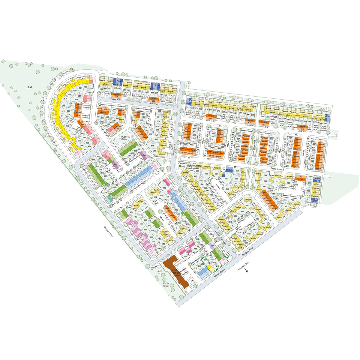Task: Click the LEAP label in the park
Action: point(29,87)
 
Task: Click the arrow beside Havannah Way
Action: point(247,271)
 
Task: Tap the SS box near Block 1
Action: point(160,271)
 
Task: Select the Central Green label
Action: point(182,165)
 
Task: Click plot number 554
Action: point(116,97)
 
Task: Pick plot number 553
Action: point(153,101)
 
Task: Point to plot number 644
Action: point(211,118)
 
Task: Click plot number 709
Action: point(301,177)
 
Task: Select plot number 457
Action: point(185,257)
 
